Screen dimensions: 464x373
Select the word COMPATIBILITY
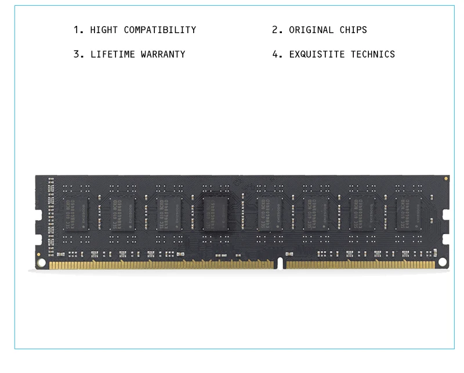(160, 30)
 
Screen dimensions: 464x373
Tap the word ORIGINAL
(311, 30)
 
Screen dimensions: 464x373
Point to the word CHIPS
(353, 30)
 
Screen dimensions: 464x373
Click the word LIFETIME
(113, 55)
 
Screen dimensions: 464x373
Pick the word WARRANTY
(163, 55)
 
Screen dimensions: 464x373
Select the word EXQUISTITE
(317, 55)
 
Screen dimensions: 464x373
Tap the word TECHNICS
(372, 55)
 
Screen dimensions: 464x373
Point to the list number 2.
(275, 30)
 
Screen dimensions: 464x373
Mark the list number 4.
(275, 55)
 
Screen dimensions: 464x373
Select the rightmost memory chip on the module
(408, 213)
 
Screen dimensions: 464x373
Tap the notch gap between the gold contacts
(280, 264)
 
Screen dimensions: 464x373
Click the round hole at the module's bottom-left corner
(41, 263)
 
